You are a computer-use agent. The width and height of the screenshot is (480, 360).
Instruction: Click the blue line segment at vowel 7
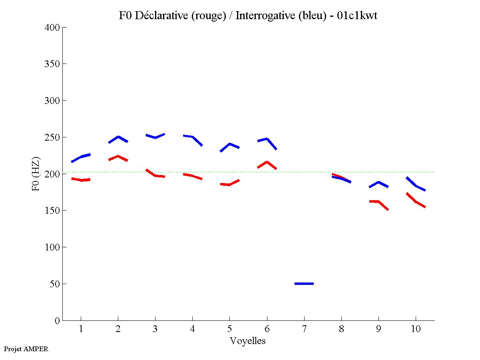click(304, 283)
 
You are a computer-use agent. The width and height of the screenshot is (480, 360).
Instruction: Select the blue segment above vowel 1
click(81, 157)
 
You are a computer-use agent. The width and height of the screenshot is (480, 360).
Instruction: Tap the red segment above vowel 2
click(118, 157)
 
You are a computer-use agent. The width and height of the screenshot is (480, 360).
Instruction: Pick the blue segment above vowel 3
click(155, 137)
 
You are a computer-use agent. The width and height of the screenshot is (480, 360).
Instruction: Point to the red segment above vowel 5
click(229, 184)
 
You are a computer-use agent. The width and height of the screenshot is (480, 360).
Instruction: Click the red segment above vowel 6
click(267, 162)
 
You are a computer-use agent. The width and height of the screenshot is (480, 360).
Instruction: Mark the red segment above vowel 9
click(378, 202)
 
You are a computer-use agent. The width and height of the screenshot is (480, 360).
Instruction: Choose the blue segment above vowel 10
click(416, 185)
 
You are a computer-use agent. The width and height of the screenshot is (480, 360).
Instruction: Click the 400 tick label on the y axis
click(52, 28)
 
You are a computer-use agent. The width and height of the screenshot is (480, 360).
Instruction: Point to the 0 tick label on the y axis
click(57, 321)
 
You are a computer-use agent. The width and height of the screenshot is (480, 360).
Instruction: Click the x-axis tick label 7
click(304, 330)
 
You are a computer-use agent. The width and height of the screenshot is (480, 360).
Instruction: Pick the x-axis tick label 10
click(416, 330)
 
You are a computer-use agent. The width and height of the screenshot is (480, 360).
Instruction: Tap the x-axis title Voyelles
click(248, 341)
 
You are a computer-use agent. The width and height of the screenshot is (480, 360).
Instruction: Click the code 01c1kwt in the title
click(357, 16)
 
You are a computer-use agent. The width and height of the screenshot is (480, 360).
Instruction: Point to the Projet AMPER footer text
click(26, 349)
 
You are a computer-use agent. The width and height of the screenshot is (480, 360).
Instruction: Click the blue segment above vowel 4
click(192, 137)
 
